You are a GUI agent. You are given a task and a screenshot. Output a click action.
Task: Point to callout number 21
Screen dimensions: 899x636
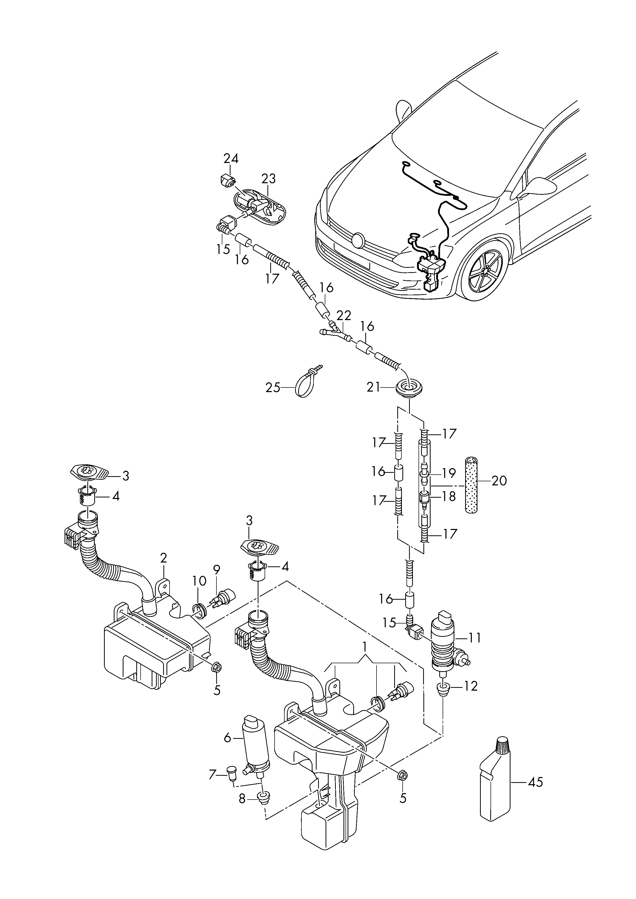coord(373,387)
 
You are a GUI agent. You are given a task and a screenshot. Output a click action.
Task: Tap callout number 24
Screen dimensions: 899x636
coord(231,159)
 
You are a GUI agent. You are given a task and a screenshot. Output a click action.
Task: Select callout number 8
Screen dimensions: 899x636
coord(242,799)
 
